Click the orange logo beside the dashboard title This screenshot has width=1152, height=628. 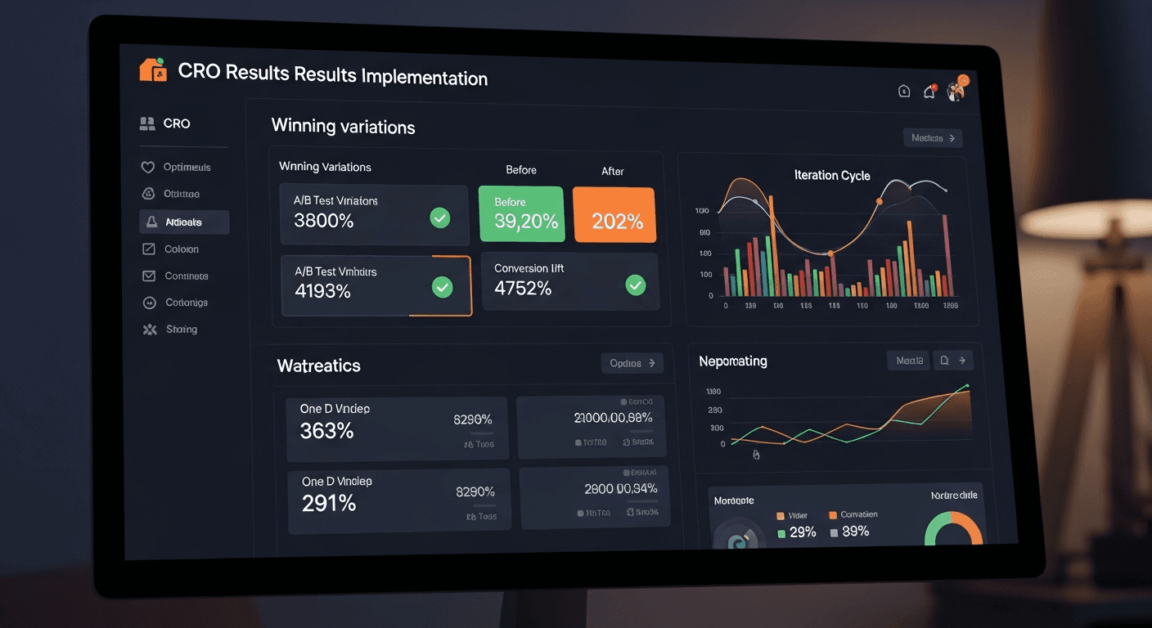[152, 70]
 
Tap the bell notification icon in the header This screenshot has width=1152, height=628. [929, 92]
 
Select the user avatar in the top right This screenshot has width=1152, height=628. [956, 90]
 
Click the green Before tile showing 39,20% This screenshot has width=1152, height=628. [521, 214]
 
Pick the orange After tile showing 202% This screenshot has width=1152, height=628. [614, 215]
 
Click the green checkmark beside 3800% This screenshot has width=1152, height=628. [440, 218]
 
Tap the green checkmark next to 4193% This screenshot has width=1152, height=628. [442, 287]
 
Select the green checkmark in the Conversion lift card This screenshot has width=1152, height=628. [635, 285]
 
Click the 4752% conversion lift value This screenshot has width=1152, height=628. [524, 288]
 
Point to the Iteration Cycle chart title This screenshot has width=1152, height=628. [832, 175]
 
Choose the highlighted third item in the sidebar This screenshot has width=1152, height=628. [184, 222]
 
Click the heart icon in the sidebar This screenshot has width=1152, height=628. [148, 167]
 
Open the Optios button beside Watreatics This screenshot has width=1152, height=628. [632, 363]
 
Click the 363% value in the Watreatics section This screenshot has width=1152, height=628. [326, 431]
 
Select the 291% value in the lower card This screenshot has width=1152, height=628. [329, 503]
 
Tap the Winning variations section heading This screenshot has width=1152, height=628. [343, 127]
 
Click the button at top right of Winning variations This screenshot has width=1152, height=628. [933, 138]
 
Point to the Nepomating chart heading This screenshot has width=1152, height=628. [733, 361]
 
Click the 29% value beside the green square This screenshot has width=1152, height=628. [803, 532]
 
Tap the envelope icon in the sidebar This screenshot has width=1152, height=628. [149, 276]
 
